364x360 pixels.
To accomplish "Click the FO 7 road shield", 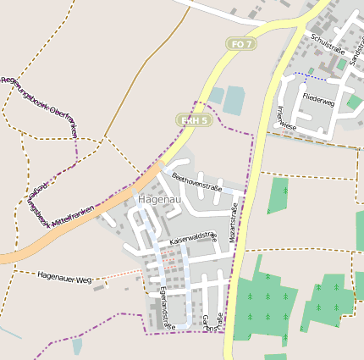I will tap(241, 43).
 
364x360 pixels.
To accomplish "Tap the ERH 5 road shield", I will tap(193, 120).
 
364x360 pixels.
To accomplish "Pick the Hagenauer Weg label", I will tap(64, 275).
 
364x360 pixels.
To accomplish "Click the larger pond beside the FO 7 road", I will tap(234, 100).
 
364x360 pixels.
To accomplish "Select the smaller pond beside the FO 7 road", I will tap(217, 95).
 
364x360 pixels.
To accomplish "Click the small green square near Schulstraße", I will tap(341, 64).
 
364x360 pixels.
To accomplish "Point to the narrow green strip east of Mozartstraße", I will tap(279, 195).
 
